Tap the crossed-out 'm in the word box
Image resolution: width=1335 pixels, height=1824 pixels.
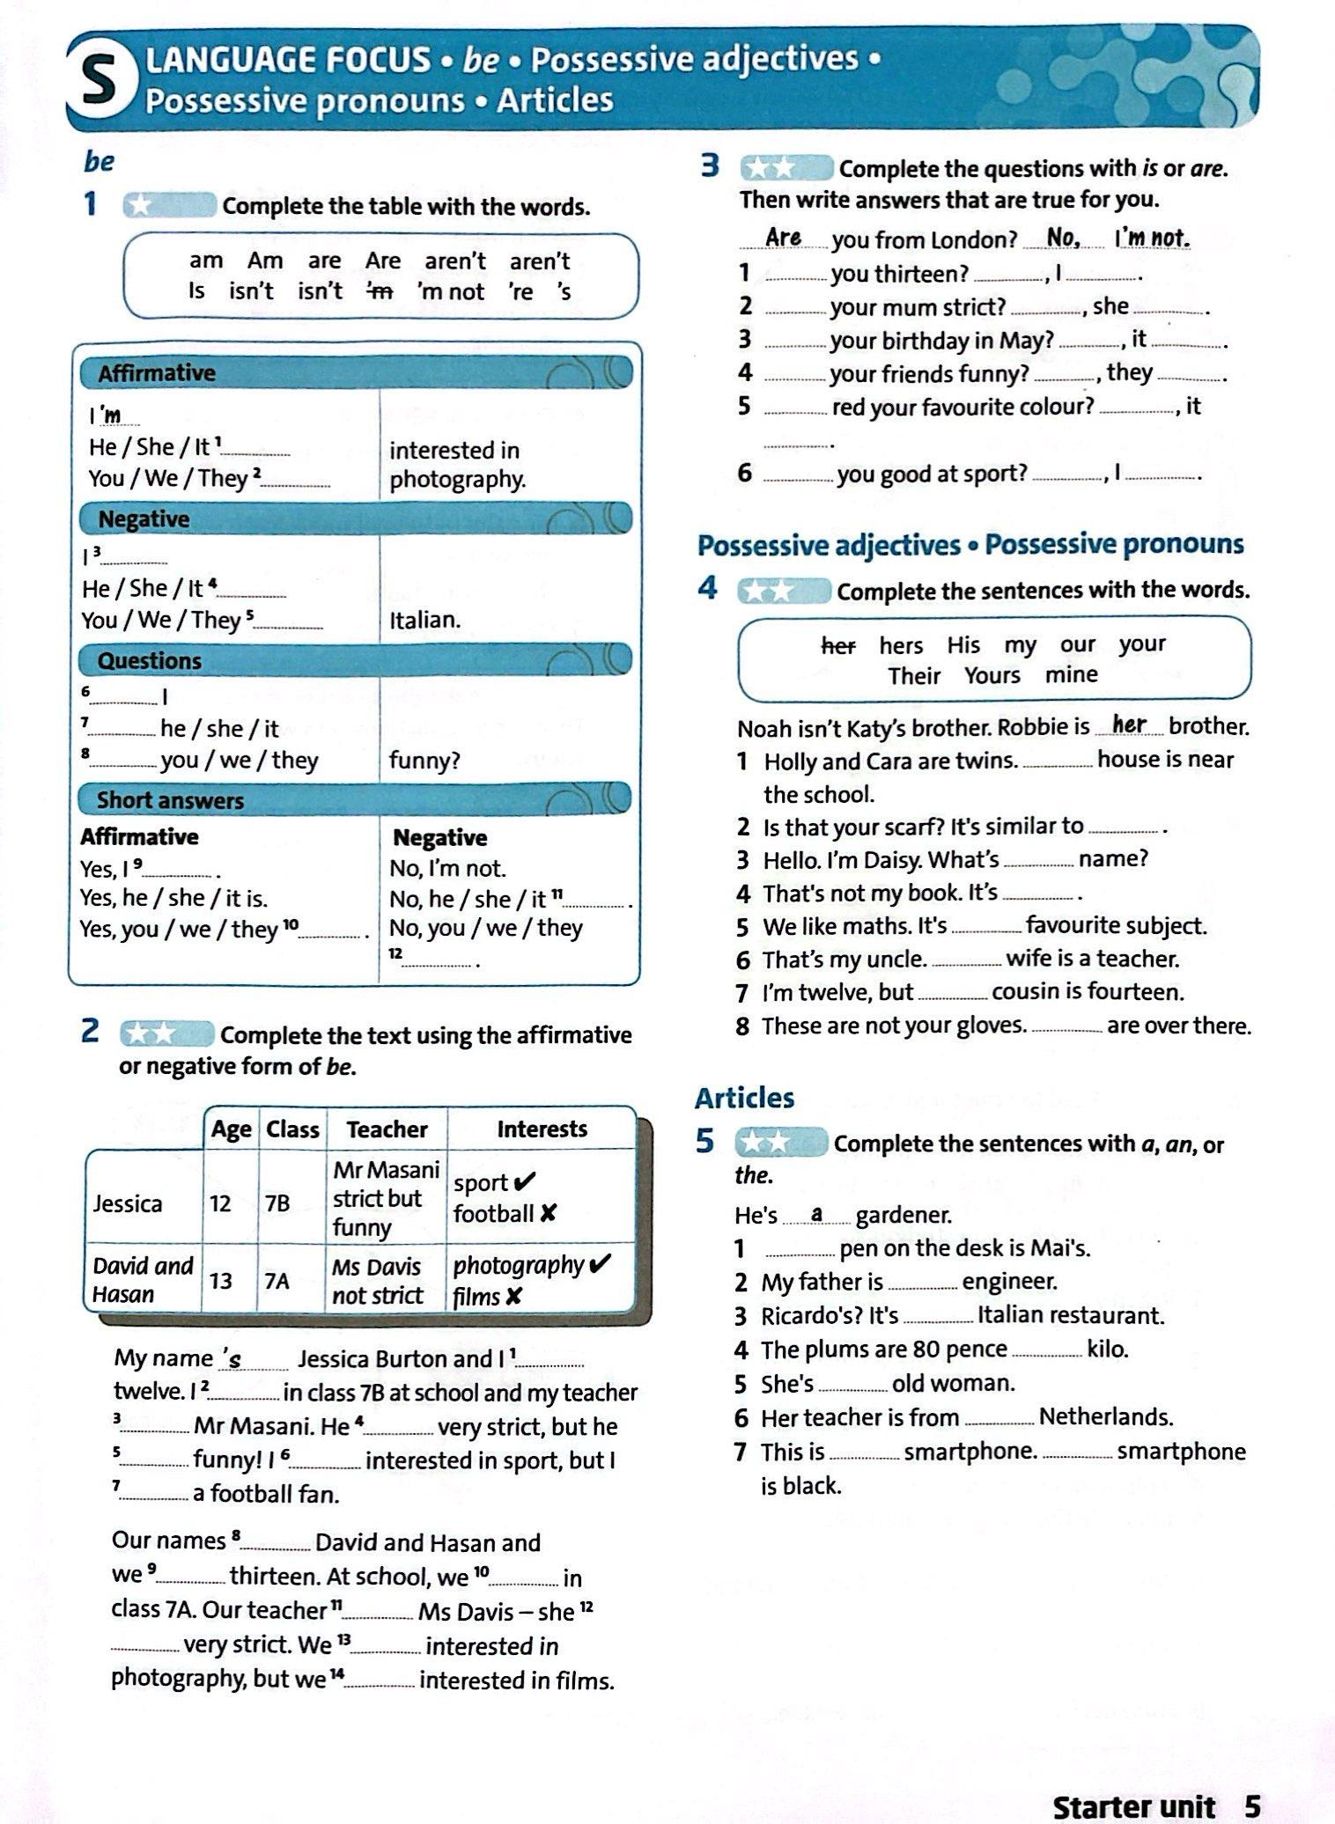(x=380, y=291)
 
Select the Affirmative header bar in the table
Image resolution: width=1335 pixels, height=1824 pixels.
(x=356, y=373)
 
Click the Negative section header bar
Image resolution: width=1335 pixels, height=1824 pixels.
(x=356, y=519)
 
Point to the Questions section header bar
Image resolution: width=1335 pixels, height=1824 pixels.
(x=356, y=660)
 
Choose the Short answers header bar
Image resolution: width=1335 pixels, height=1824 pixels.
(x=356, y=800)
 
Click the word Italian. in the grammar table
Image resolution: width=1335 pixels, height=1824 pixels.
(x=425, y=620)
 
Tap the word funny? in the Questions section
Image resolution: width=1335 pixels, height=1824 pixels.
(x=424, y=761)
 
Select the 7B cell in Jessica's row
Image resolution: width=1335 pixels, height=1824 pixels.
(x=277, y=1203)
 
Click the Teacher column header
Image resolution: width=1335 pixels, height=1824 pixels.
(x=387, y=1129)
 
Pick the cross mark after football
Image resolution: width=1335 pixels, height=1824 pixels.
(x=548, y=1214)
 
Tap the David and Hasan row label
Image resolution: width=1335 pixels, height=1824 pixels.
(x=142, y=1280)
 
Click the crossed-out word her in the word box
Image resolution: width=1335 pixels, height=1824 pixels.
(x=837, y=646)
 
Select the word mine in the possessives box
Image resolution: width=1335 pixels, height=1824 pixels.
(x=1072, y=675)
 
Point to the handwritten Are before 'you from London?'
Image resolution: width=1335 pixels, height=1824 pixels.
(x=783, y=238)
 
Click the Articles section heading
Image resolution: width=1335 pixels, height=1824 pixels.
(x=744, y=1098)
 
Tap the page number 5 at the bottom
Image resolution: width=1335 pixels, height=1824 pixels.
(x=1252, y=1806)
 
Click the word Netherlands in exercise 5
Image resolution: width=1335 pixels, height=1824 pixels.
(x=1105, y=1416)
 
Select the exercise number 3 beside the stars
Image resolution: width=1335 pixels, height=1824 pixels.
(x=710, y=166)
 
